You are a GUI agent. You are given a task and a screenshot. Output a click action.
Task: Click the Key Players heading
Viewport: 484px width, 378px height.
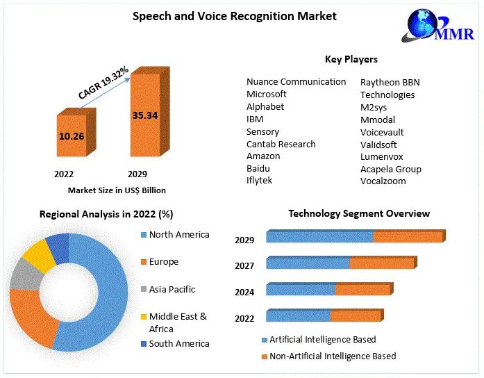(351, 59)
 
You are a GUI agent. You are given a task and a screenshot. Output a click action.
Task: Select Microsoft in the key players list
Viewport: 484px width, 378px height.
(267, 94)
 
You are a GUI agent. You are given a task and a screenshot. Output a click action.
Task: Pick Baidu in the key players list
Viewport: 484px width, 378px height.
(258, 168)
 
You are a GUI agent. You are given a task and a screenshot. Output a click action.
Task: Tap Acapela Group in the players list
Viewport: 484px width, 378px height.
(391, 169)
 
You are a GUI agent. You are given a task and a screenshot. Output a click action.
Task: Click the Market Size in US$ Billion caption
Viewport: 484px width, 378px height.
(117, 190)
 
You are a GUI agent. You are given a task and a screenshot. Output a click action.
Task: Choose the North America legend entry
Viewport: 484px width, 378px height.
(178, 235)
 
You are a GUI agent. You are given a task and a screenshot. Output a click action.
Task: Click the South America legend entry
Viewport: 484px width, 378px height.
(178, 343)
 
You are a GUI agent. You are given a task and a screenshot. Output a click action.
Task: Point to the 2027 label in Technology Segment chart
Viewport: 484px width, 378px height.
(244, 265)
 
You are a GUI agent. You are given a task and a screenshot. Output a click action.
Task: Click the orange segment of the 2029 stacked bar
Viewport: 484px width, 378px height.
(407, 237)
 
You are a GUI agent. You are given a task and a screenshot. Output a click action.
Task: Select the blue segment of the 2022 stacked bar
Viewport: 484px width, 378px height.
(298, 316)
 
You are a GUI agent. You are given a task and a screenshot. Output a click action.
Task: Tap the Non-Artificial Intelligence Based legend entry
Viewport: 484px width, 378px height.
(333, 356)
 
